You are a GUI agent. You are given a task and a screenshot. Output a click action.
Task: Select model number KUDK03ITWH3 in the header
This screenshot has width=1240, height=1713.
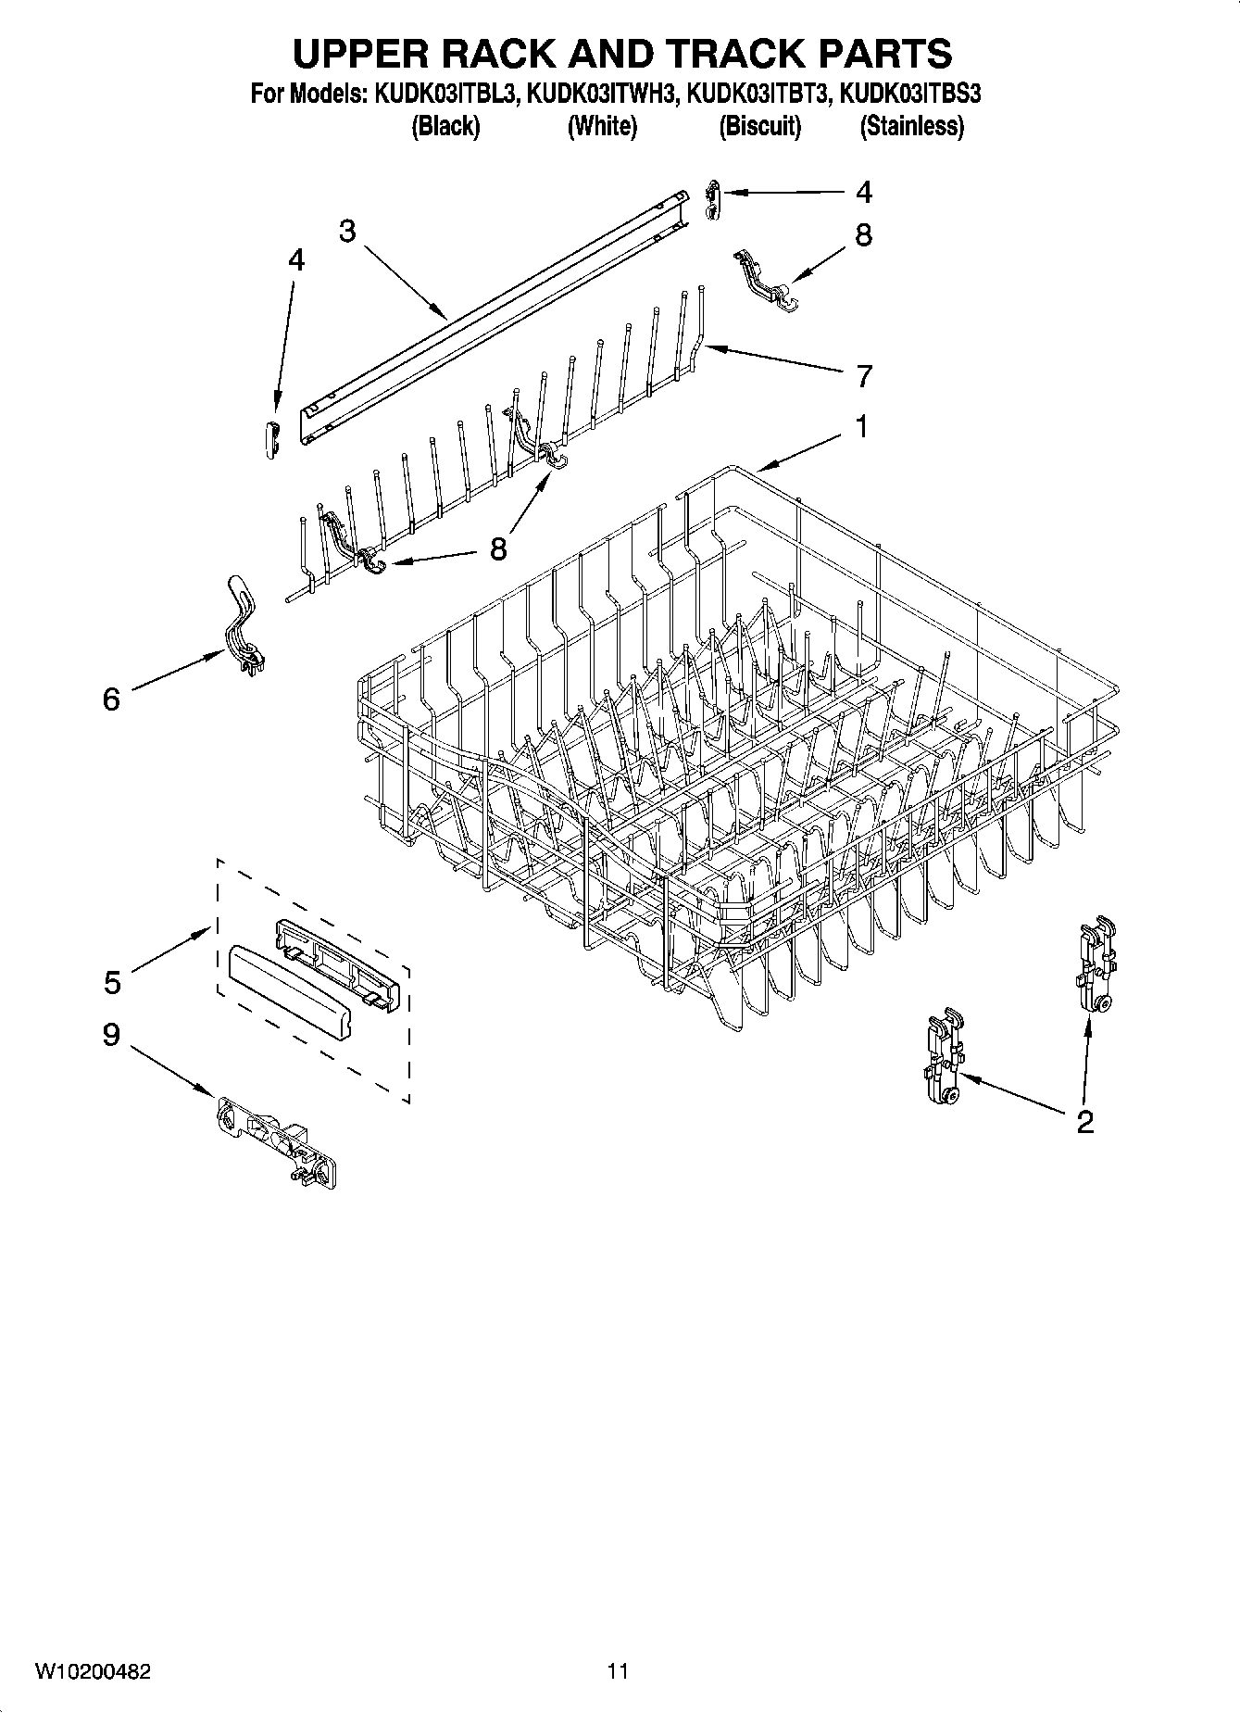pos(601,94)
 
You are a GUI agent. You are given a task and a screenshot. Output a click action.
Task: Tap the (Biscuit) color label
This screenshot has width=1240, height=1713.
pos(760,126)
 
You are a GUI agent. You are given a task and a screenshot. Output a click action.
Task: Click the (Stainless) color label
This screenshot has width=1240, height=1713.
pos(911,126)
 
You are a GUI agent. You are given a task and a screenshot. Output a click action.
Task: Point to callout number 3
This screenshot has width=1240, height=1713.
pos(347,231)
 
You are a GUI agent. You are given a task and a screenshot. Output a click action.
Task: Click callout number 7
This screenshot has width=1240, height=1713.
pos(864,376)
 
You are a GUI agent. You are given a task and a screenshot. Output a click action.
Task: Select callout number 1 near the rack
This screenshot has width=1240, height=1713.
pos(861,427)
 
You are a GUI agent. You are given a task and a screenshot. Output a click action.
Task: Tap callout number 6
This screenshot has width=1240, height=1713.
pos(111,699)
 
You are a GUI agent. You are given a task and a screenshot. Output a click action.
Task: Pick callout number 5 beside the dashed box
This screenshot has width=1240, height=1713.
pos(112,982)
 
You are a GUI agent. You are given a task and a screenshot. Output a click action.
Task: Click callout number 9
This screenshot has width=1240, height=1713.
pos(111,1035)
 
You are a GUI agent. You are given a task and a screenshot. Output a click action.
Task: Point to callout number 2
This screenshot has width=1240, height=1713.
pos(1084,1122)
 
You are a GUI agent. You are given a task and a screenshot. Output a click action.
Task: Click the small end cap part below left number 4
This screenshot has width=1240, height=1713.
pos(270,436)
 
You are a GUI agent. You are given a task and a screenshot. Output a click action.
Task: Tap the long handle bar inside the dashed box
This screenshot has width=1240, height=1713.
pos(289,993)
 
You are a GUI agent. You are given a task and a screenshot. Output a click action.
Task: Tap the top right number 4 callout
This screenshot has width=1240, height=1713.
pos(863,193)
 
